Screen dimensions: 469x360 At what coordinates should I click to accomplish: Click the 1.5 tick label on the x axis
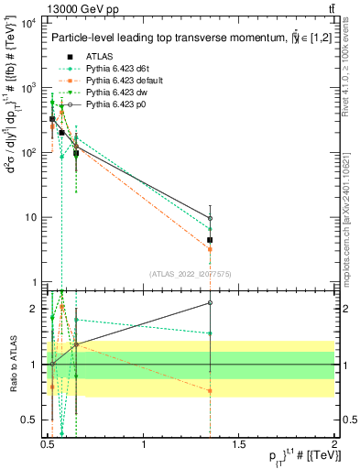click(x=240, y=444)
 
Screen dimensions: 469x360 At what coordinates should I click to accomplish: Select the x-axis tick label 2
click(x=335, y=444)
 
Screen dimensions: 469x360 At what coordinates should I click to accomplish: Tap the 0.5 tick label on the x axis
click(x=49, y=444)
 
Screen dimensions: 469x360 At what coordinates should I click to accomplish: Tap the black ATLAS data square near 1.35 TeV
click(x=211, y=240)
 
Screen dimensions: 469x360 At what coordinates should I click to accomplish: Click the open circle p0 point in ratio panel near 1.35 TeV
click(x=211, y=302)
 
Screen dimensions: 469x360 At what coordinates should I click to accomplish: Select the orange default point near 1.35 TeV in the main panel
click(x=211, y=249)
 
